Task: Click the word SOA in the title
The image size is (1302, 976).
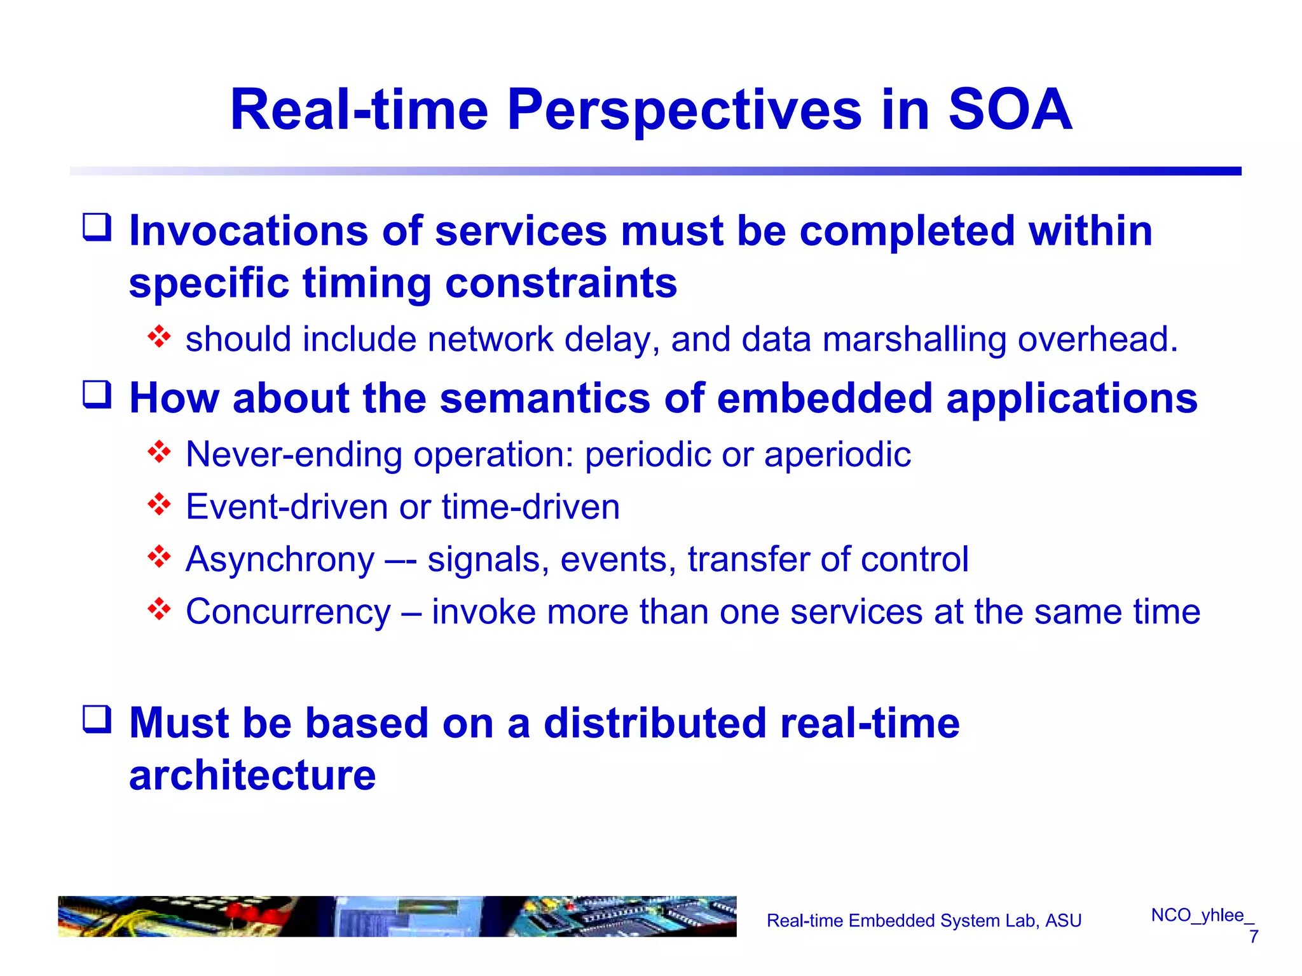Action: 1010,110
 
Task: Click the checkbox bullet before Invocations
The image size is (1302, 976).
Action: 97,227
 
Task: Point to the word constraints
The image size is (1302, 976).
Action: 561,283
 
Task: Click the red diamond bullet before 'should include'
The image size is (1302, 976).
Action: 159,337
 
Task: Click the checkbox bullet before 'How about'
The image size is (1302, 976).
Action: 97,395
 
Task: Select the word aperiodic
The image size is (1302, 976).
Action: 837,455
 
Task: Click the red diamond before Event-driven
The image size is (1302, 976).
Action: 159,505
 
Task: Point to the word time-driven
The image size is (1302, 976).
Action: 531,507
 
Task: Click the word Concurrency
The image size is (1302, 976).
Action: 288,613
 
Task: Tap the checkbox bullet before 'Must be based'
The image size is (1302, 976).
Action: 97,720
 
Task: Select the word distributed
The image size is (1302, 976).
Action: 655,723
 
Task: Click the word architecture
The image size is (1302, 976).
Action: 252,776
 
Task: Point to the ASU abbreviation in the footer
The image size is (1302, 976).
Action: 1063,921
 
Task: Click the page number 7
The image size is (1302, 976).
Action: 1253,937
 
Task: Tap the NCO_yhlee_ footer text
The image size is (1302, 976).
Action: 1202,915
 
